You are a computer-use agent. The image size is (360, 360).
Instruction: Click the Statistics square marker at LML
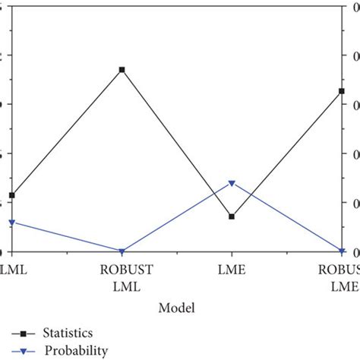coord(11,195)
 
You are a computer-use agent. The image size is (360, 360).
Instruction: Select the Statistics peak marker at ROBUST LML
coord(122,70)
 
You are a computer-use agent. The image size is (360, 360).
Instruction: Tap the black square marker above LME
coord(232,216)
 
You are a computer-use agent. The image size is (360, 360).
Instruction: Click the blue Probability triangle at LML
coord(11,223)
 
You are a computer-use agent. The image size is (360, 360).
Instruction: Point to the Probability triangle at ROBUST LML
coord(122,251)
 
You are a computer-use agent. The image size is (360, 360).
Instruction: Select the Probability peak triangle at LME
coord(232,184)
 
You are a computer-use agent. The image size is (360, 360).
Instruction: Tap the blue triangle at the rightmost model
coord(341,251)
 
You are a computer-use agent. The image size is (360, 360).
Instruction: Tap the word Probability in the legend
coord(76,350)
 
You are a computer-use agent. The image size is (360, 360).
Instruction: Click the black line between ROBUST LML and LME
coord(176,143)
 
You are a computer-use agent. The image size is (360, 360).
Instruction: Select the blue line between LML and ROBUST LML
coord(67,237)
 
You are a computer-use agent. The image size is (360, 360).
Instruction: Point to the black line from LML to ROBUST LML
coord(67,132)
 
